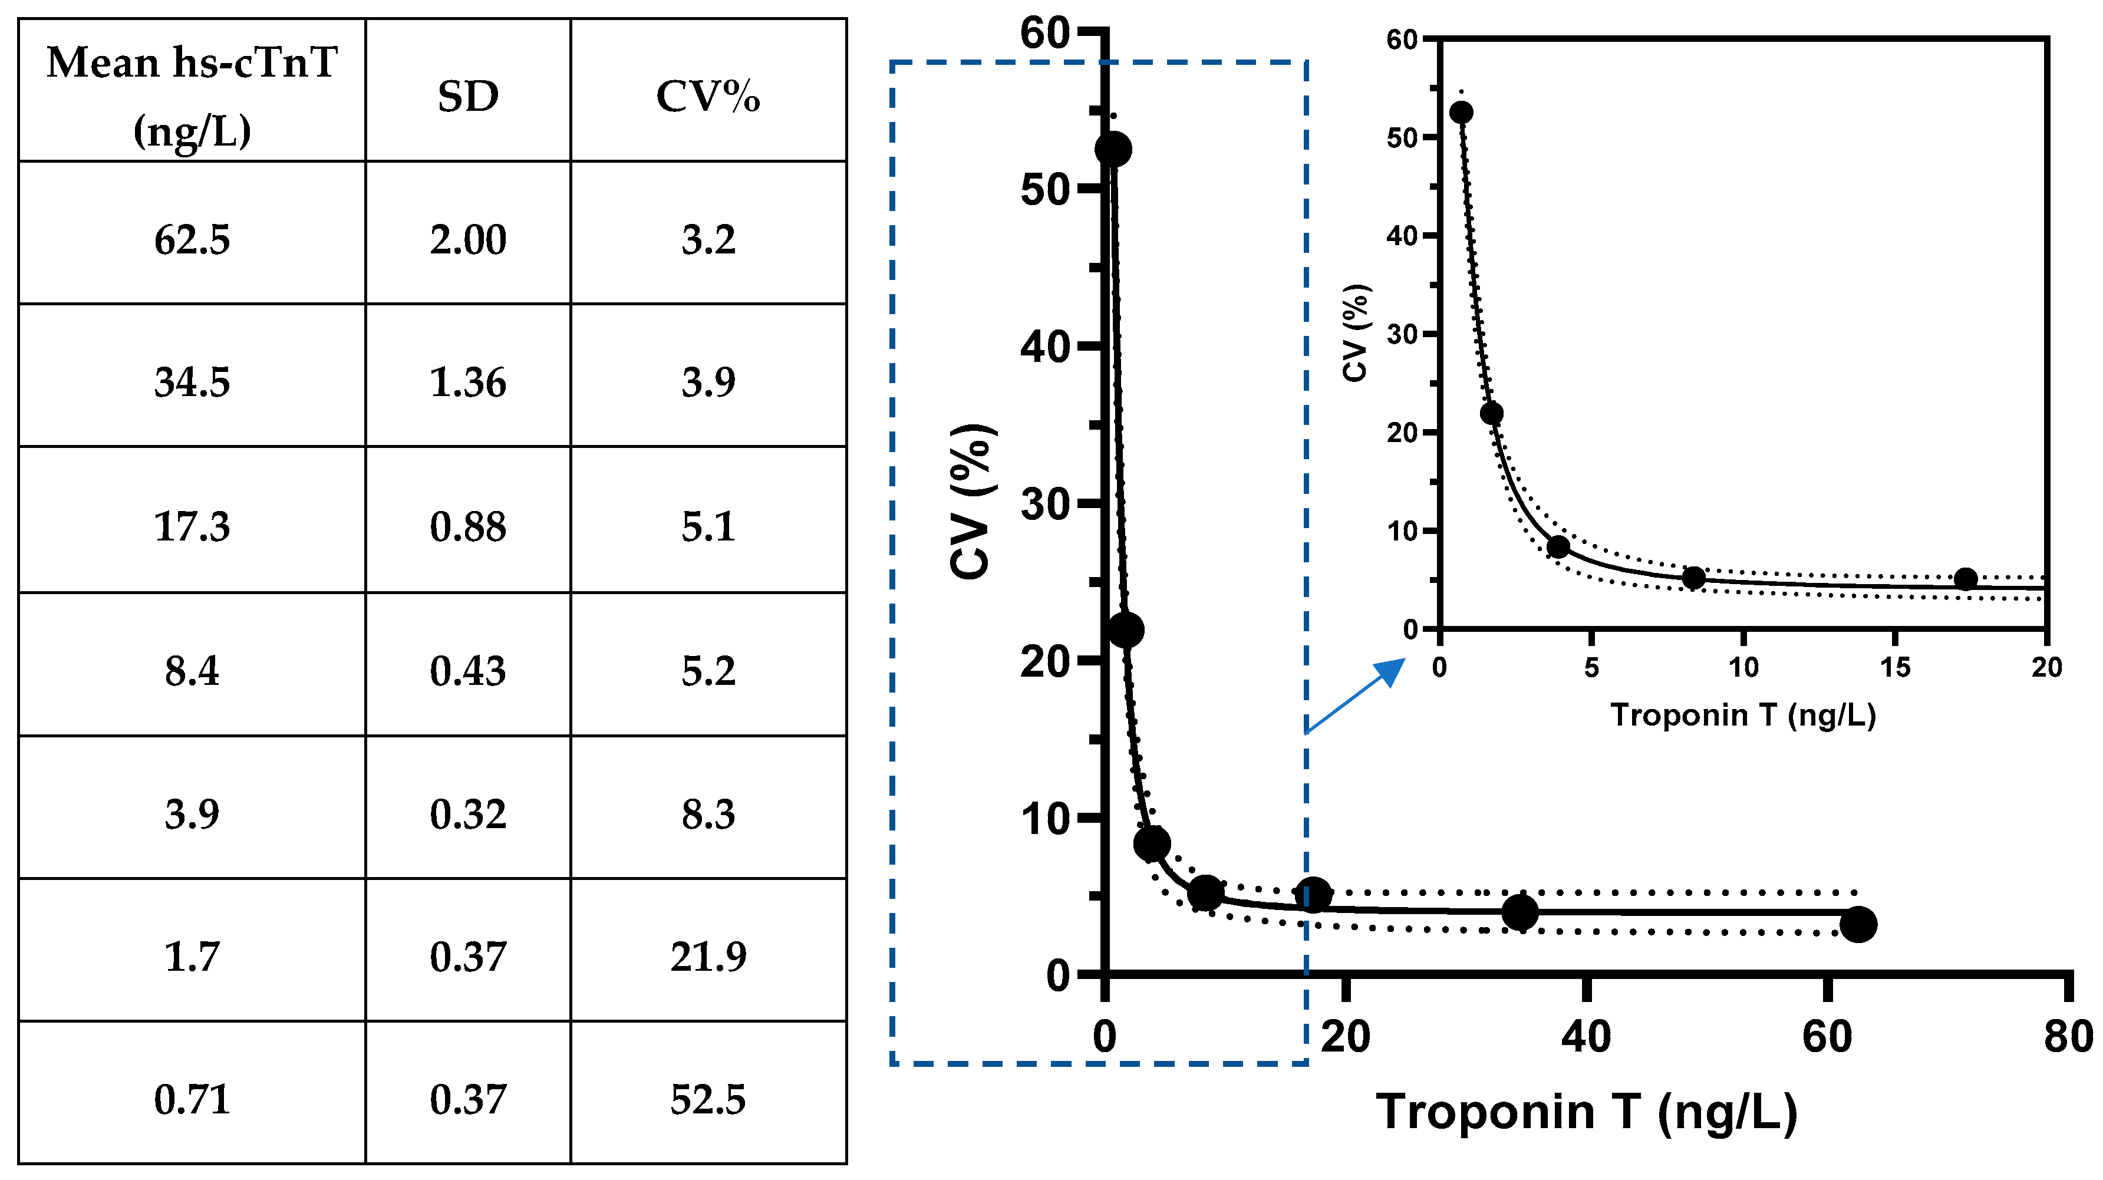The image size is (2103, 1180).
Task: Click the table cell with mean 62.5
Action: tap(192, 240)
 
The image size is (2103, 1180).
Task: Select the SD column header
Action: tap(468, 96)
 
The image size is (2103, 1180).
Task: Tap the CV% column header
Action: tap(708, 96)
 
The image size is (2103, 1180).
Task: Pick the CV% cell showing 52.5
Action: tap(708, 1099)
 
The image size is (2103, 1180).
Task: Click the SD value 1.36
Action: tap(468, 382)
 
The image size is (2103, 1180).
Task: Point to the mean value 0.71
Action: tap(192, 1099)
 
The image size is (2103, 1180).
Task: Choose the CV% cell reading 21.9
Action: tap(708, 956)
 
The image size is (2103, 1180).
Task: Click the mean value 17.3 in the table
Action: tap(192, 526)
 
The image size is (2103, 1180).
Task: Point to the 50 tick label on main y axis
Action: tap(1044, 189)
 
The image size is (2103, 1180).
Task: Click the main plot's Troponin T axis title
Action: tap(1586, 1112)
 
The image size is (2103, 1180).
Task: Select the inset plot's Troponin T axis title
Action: tap(1743, 716)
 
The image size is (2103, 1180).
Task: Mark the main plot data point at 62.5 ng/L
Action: tap(1858, 924)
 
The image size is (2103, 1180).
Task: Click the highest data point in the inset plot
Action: tap(1461, 113)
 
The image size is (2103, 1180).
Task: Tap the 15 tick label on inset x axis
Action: tap(1895, 667)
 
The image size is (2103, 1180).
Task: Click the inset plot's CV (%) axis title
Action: tap(1354, 332)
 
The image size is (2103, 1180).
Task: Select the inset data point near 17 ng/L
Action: tap(1966, 579)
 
